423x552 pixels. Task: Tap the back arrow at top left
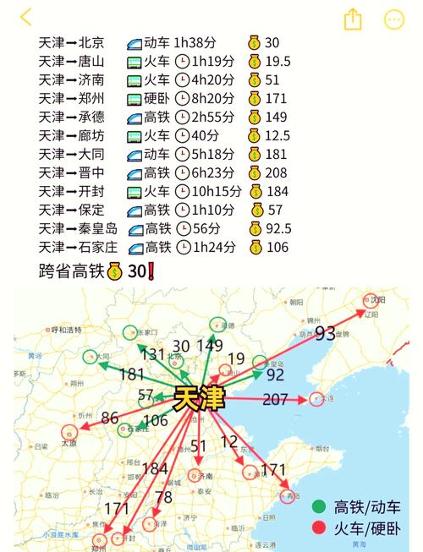tap(26, 17)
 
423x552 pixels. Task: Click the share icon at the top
tap(353, 19)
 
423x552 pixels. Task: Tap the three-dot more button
tap(394, 19)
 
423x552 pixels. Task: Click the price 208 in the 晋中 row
tap(276, 172)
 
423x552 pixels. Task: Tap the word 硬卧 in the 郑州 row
tap(157, 98)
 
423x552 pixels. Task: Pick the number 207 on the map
tap(275, 398)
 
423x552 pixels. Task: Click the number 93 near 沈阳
tap(326, 334)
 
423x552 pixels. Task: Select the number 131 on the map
tap(152, 355)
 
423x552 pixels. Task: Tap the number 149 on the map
tap(209, 345)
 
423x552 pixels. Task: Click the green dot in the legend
tap(318, 507)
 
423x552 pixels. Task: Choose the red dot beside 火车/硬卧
tap(318, 529)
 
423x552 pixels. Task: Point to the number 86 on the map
tap(110, 417)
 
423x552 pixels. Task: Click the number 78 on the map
tap(163, 496)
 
